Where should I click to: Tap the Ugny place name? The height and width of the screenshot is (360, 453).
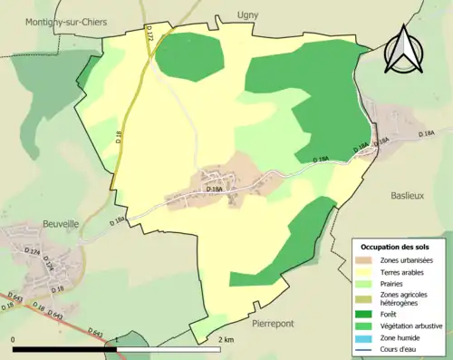[x=247, y=15]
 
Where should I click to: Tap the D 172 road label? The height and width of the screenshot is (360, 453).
[x=150, y=34]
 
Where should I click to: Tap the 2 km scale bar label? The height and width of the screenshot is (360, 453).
[x=226, y=339]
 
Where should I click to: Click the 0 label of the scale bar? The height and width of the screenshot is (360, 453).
[x=14, y=339]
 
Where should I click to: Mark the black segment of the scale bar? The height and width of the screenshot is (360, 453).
[x=64, y=349]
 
